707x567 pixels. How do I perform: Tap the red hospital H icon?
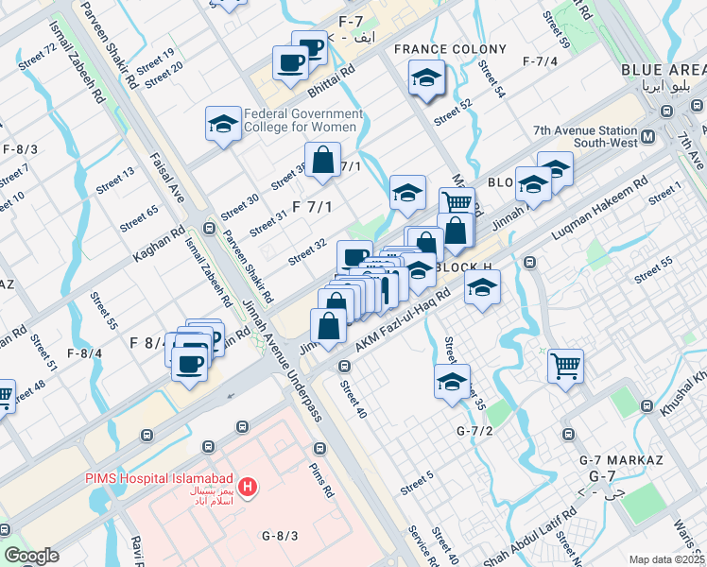click(x=247, y=487)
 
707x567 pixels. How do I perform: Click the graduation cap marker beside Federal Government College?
click(x=223, y=124)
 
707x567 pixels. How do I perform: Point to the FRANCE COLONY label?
click(x=450, y=49)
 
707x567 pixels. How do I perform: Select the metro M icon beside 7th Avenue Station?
click(x=648, y=137)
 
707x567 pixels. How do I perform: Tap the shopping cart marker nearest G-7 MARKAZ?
click(x=565, y=365)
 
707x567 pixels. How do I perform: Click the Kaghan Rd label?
click(x=158, y=243)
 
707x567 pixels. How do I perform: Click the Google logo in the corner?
click(x=31, y=555)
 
